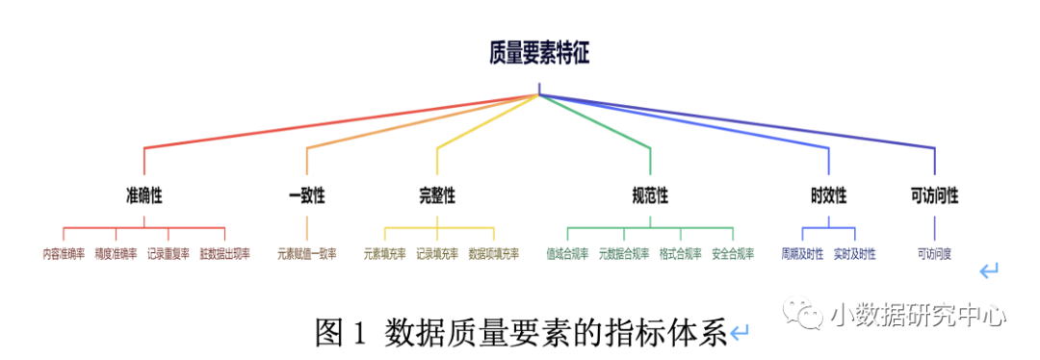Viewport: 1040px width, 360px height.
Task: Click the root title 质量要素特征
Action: (x=538, y=54)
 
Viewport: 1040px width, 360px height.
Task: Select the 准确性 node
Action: (x=143, y=196)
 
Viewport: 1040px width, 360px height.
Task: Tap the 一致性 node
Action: (x=307, y=196)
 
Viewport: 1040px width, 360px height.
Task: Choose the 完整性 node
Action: (x=437, y=196)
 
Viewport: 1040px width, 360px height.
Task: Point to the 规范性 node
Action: (x=650, y=196)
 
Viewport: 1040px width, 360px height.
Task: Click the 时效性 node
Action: (x=828, y=196)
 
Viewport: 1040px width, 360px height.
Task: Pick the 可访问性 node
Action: (x=934, y=196)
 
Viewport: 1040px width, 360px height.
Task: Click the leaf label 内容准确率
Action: (x=64, y=254)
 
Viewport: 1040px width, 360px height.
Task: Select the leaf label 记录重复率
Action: (x=169, y=254)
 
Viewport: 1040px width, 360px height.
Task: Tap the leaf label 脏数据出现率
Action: (x=224, y=254)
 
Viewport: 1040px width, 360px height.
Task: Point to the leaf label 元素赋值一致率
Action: (x=307, y=254)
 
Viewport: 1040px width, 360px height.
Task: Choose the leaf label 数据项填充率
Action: (x=493, y=254)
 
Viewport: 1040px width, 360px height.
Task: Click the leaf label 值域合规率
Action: (x=567, y=254)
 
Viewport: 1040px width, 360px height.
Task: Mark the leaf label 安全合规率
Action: (x=733, y=254)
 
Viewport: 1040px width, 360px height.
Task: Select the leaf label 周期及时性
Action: (x=802, y=254)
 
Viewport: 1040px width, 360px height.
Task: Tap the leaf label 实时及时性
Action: (x=855, y=254)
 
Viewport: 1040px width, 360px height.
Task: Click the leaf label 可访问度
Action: (x=934, y=254)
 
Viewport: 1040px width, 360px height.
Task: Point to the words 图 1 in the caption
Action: (x=342, y=333)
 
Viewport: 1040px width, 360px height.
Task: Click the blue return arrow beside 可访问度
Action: (x=989, y=272)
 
